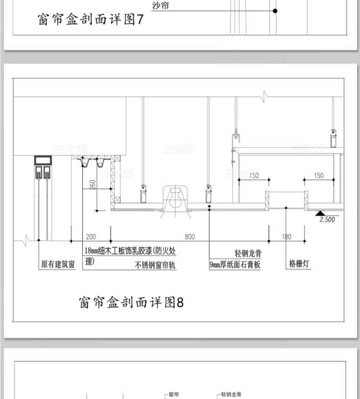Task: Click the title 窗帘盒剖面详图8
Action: (x=131, y=302)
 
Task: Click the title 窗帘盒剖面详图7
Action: (x=91, y=19)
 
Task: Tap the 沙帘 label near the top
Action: (x=160, y=6)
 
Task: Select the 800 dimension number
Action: (x=190, y=237)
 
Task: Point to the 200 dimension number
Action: (x=91, y=237)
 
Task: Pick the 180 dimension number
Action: (x=287, y=237)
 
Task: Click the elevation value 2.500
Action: (x=327, y=220)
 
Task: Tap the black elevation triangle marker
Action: (x=320, y=213)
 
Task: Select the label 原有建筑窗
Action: (x=58, y=264)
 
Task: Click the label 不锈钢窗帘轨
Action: (x=155, y=265)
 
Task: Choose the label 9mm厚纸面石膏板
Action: (x=235, y=265)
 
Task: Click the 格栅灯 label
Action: (x=298, y=264)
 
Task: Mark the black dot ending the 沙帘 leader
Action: (x=275, y=11)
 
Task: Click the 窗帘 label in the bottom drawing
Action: (x=173, y=394)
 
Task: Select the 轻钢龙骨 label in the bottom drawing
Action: (x=231, y=394)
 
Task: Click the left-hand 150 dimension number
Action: (x=254, y=175)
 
